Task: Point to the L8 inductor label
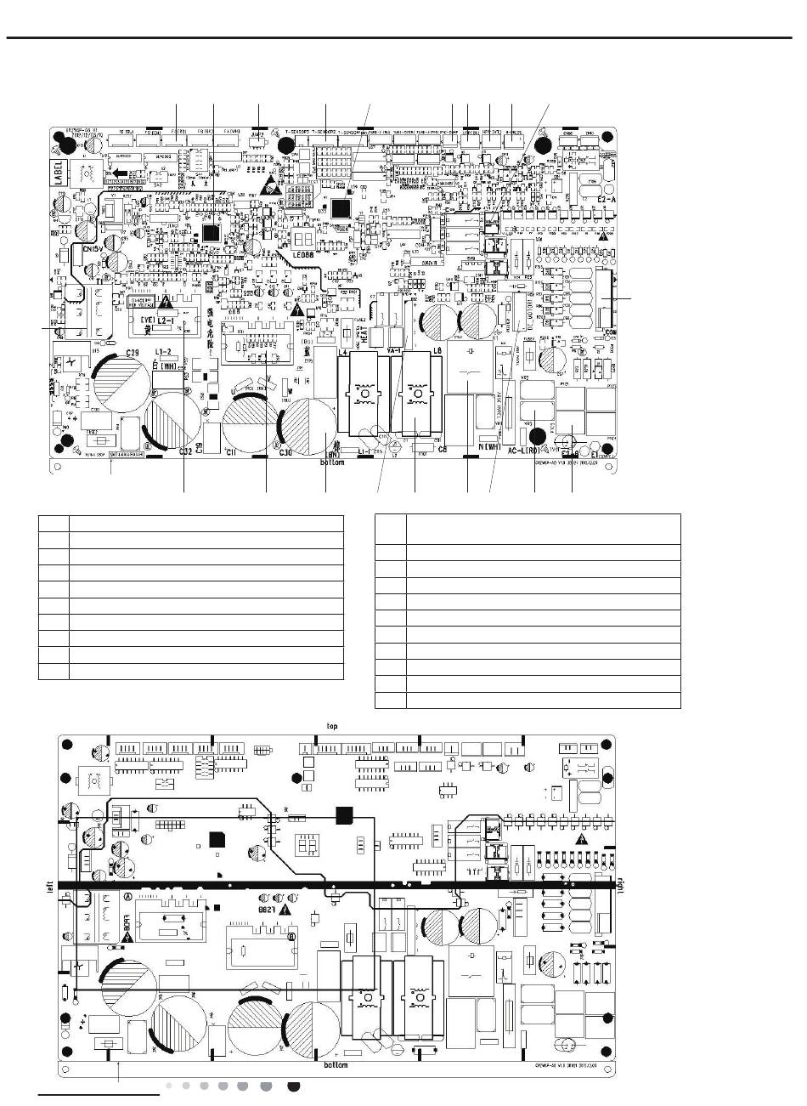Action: pyautogui.click(x=437, y=351)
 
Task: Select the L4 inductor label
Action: pyautogui.click(x=344, y=351)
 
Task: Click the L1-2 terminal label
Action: pyautogui.click(x=164, y=352)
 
